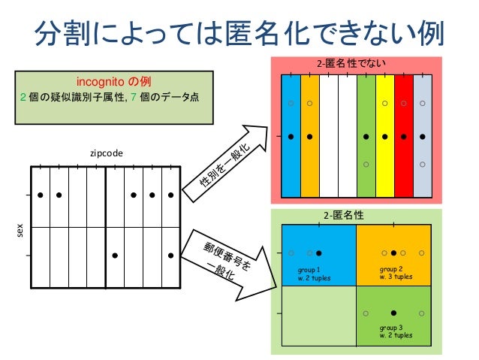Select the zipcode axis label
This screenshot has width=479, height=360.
pos(106,153)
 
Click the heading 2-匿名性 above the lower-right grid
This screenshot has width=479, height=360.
pos(344,215)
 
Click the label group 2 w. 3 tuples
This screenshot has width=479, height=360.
pos(396,273)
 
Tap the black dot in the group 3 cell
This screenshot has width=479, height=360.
pos(393,312)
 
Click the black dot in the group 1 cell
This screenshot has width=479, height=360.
pos(318,253)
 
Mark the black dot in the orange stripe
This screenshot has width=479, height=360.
pos(309,137)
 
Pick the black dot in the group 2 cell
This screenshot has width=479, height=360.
pos(393,253)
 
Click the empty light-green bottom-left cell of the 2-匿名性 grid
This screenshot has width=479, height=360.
pos(317,315)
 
